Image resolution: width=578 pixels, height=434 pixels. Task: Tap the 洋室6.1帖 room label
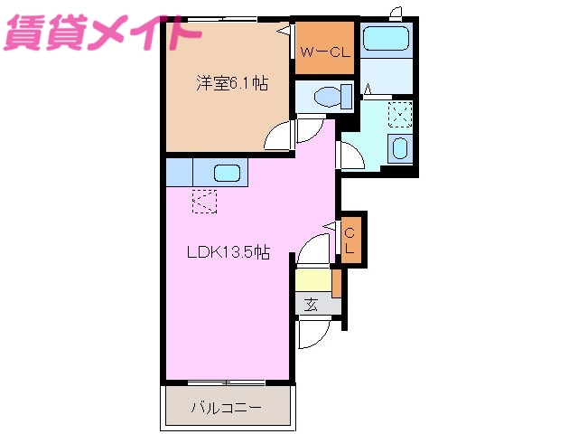point(233,83)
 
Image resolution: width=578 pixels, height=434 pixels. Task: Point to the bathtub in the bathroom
point(387,40)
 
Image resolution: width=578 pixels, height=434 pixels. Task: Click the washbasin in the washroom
point(400,148)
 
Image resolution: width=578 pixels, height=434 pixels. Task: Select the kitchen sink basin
point(227,172)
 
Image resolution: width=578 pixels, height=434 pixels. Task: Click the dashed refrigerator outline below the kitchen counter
point(205,201)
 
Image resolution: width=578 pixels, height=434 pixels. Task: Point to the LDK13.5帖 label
point(227,253)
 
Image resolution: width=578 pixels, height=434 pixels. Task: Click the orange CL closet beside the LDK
point(351,241)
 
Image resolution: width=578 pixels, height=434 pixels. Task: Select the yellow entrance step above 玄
point(313,281)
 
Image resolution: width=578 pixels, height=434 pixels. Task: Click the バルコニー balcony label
point(226,408)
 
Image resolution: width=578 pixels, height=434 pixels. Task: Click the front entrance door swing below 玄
point(315,337)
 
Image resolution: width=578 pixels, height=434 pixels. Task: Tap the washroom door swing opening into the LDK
point(349,155)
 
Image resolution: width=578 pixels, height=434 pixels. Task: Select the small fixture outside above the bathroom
point(396,11)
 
